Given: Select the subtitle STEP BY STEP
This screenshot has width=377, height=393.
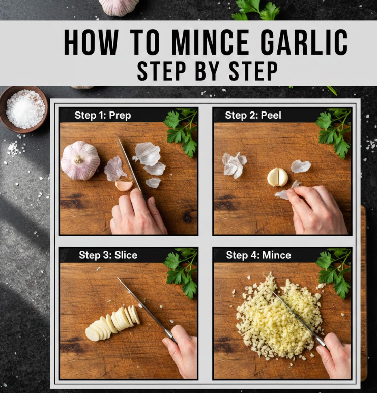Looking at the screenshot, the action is (208, 71).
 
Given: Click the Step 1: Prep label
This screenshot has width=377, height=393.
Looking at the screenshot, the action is (103, 115).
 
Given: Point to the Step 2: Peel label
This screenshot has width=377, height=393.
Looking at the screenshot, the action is (253, 115).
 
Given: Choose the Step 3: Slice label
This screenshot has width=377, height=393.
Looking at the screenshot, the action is (108, 255).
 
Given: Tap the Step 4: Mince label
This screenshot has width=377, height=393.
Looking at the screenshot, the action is (258, 255).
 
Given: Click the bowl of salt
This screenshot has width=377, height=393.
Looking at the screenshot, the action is (24, 109).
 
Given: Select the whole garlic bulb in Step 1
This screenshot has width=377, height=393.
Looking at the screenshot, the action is (80, 160).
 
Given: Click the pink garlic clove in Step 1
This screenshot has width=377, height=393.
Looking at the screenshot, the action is (124, 186).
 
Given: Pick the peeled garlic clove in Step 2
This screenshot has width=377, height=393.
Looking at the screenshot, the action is (277, 177).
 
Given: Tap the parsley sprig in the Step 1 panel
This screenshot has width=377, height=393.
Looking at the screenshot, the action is (182, 131).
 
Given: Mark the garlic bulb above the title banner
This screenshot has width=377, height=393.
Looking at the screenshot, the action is (118, 7).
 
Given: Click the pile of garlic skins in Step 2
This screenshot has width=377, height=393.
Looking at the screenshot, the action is (234, 165).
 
